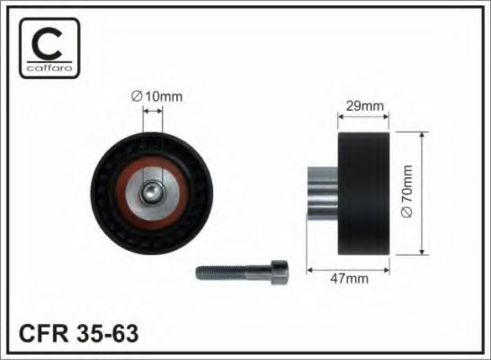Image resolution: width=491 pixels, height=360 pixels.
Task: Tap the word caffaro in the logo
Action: [49, 67]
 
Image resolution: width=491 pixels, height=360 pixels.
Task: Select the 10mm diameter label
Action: [156, 96]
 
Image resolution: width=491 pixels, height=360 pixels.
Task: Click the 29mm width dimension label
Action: [365, 106]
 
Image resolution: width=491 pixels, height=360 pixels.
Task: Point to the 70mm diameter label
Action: [407, 191]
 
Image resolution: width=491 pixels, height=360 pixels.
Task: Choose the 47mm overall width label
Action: [350, 278]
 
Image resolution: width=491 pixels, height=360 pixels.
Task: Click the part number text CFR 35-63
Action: [78, 333]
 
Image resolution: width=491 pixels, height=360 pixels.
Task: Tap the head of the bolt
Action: [280, 273]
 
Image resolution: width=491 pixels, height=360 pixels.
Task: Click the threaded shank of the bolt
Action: [234, 273]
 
